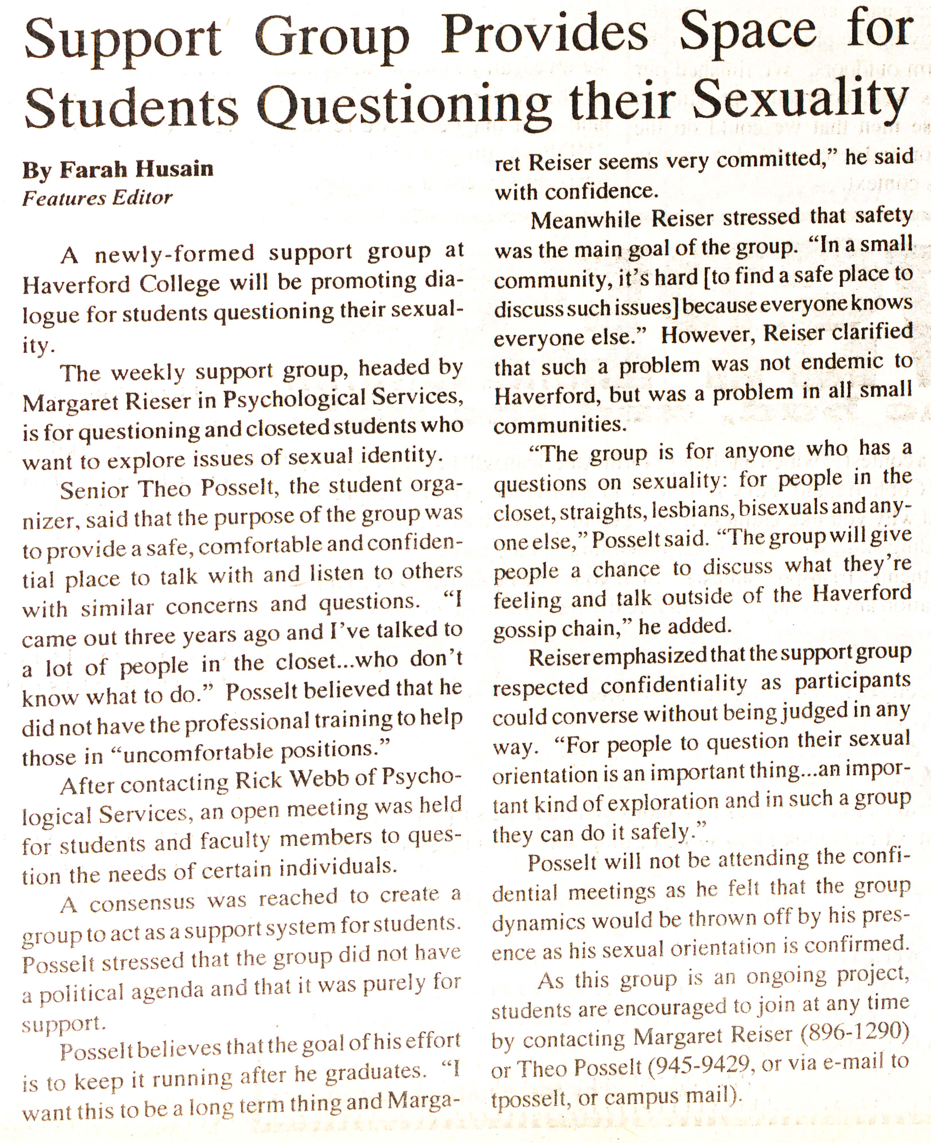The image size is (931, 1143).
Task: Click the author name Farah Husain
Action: (x=136, y=170)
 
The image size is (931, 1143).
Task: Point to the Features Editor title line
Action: (x=97, y=198)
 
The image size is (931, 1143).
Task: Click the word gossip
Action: (x=524, y=629)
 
